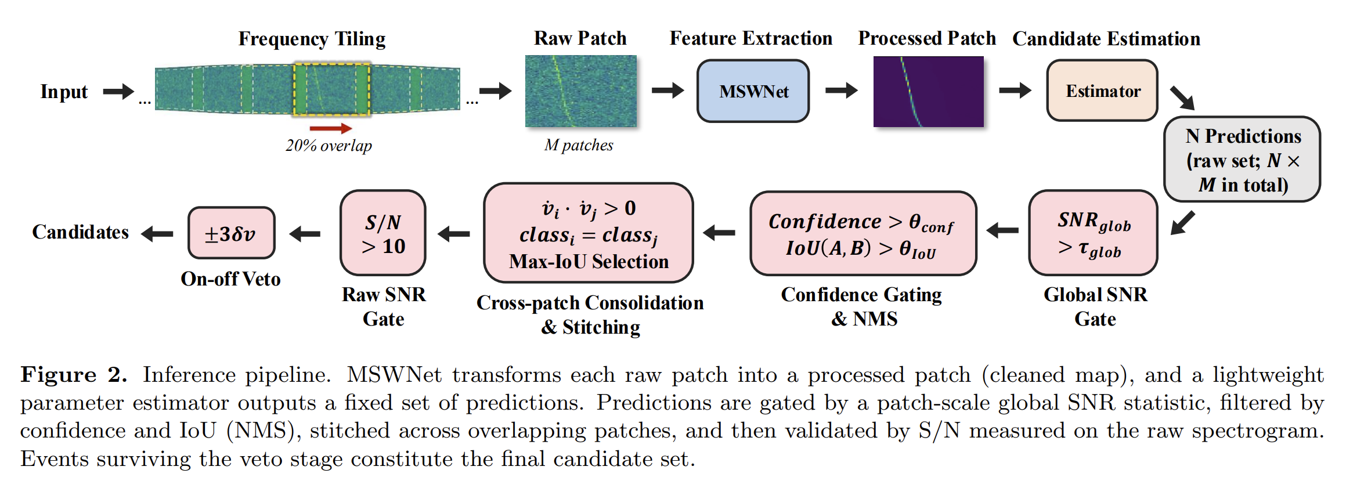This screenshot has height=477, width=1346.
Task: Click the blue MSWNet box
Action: (753, 91)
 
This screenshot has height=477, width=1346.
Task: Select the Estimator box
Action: (1102, 91)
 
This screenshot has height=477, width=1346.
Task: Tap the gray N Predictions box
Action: (1242, 160)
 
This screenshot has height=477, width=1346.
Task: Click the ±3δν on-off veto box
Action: (232, 233)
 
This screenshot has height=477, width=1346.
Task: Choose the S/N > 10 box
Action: (383, 233)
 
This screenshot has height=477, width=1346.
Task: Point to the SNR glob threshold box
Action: (1094, 233)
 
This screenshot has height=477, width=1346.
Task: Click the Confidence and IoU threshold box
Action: (863, 234)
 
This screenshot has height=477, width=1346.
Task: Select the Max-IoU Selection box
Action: (589, 233)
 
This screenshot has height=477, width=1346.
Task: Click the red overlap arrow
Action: (331, 128)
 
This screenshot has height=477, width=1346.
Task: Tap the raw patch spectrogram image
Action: (581, 91)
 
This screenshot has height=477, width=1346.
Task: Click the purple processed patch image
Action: (929, 92)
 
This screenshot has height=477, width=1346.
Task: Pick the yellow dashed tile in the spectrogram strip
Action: (332, 89)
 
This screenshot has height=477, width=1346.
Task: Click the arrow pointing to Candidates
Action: (157, 234)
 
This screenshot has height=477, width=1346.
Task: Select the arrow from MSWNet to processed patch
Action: (842, 91)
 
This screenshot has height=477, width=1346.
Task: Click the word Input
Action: (64, 92)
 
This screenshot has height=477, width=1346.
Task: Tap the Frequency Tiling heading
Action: (312, 39)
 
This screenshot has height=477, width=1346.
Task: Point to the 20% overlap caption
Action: (329, 145)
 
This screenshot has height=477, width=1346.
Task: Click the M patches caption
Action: (579, 145)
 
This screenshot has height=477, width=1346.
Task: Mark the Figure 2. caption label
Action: (74, 375)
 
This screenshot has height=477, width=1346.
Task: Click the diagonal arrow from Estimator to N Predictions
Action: (1182, 98)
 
